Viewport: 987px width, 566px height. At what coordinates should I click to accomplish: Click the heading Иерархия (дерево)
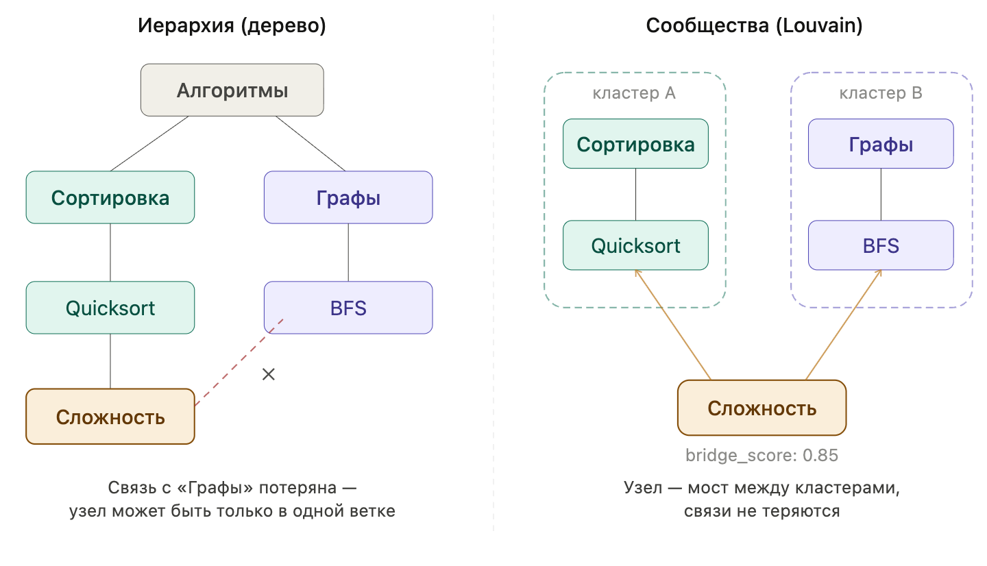click(x=232, y=26)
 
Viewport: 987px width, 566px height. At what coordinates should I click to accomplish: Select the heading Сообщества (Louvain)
click(x=754, y=26)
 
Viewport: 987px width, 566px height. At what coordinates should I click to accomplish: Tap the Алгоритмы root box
click(x=232, y=90)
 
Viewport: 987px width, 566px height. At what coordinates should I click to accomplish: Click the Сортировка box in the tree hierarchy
click(x=110, y=197)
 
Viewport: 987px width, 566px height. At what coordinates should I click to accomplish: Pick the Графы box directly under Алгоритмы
click(x=348, y=197)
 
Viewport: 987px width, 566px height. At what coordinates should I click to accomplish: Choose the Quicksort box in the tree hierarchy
click(x=110, y=308)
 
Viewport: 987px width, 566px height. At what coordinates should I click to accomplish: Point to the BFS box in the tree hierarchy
click(x=348, y=308)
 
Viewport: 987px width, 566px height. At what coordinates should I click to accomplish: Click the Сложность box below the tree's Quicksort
click(x=110, y=417)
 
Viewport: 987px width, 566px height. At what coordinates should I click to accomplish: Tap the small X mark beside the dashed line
click(x=269, y=374)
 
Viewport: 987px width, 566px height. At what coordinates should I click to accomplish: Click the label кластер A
click(x=634, y=93)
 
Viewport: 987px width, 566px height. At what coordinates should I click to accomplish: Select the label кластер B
click(x=881, y=93)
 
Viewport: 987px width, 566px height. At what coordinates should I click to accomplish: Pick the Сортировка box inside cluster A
click(x=635, y=144)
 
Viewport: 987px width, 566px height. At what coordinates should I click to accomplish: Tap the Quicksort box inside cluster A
click(x=635, y=245)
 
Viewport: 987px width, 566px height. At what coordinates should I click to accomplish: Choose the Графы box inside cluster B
click(x=881, y=144)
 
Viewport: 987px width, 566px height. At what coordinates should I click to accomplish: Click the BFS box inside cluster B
click(x=881, y=245)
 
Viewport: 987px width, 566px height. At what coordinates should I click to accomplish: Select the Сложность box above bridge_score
click(x=761, y=408)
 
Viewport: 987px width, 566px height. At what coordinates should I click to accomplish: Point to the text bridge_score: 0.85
click(x=761, y=456)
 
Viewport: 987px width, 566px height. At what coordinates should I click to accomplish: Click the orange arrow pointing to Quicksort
click(x=673, y=325)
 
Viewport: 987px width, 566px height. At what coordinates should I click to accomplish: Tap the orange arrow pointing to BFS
click(x=843, y=325)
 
